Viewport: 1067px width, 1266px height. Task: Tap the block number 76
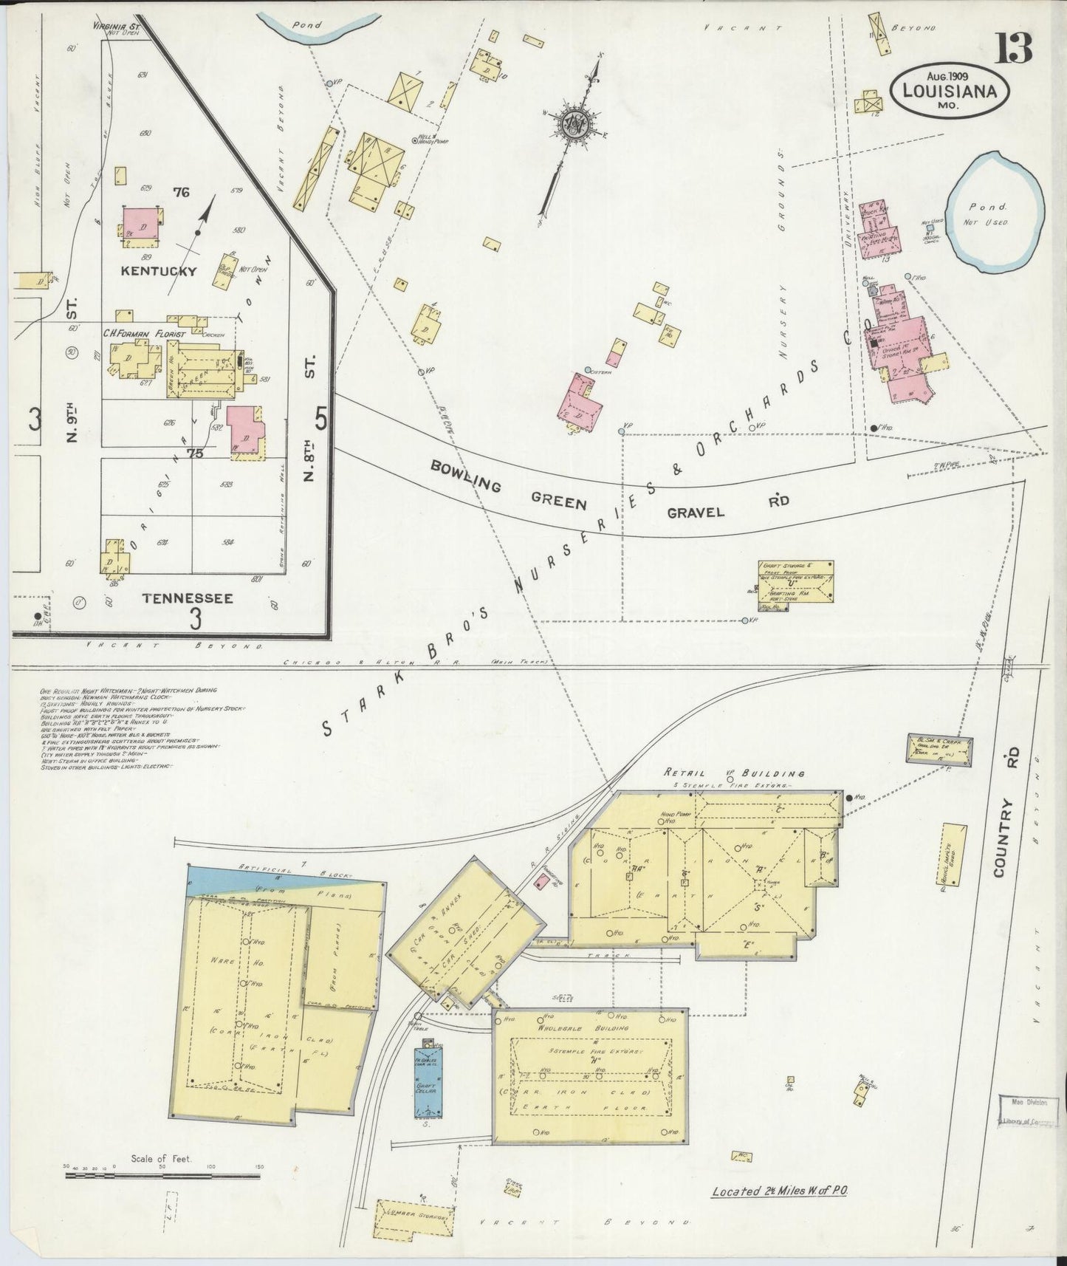coord(181,194)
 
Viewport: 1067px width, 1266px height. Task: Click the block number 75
coord(195,454)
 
